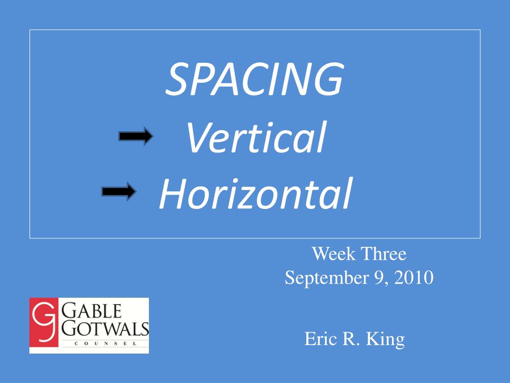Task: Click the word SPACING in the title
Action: click(255, 79)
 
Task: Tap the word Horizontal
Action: click(255, 193)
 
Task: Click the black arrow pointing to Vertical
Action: click(135, 136)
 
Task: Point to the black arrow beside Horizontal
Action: click(119, 191)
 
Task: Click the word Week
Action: click(334, 254)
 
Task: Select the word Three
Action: click(384, 254)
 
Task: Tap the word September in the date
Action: click(327, 278)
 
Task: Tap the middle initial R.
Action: click(351, 339)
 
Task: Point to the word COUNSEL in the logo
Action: click(106, 343)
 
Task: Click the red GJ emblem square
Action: click(44, 322)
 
